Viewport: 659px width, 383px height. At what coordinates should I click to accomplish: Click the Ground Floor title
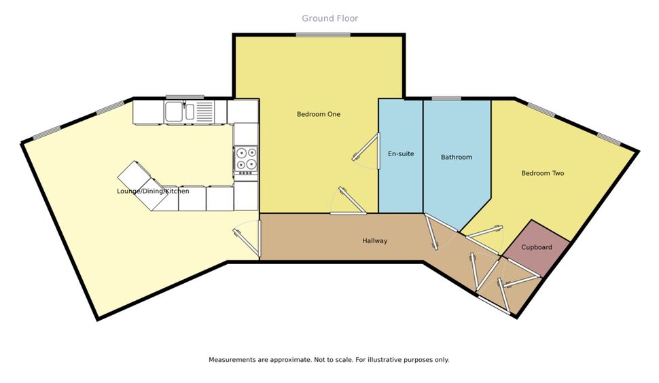[x=330, y=18]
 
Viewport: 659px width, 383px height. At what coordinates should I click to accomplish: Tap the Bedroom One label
[x=319, y=114]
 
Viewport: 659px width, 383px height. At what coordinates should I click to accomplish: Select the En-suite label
[x=401, y=153]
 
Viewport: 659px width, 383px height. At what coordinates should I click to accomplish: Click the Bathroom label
[x=457, y=157]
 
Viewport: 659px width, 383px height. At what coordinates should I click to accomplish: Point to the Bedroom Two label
[x=543, y=173]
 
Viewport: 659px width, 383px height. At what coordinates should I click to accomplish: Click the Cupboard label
[x=537, y=247]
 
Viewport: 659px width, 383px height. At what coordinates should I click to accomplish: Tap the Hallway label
[x=375, y=240]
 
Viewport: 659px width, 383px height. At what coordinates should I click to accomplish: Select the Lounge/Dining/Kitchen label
[x=153, y=191]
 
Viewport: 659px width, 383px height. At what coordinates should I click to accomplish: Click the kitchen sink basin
[x=173, y=111]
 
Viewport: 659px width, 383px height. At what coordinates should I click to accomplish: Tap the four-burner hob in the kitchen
[x=246, y=160]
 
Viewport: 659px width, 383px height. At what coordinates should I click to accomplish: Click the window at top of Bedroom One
[x=323, y=35]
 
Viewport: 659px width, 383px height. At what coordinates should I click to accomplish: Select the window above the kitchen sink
[x=185, y=97]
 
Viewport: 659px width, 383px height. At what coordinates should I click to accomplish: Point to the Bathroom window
[x=446, y=99]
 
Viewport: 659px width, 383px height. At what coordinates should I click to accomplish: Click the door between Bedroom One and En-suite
[x=366, y=147]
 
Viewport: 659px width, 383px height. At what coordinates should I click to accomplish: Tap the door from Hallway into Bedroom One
[x=352, y=201]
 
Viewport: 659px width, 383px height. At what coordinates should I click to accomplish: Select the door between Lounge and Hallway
[x=247, y=242]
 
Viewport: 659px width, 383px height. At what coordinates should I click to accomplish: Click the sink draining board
[x=204, y=111]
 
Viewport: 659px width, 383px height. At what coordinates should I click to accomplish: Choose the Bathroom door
[x=432, y=232]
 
